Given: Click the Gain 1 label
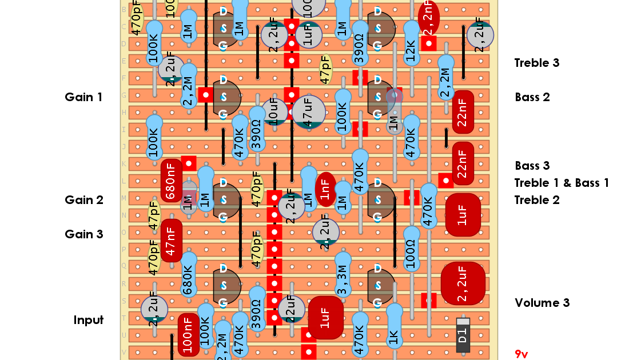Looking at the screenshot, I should tap(83, 97).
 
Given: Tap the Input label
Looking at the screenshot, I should tap(88, 320).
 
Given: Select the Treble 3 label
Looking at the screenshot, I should tap(536, 63).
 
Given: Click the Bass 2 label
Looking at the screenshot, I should tap(532, 97).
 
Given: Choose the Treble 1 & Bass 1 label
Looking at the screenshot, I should tap(561, 183).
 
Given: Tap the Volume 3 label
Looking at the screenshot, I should tap(542, 303).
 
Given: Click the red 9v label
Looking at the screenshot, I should tap(521, 354).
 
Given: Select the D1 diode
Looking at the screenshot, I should tap(463, 335).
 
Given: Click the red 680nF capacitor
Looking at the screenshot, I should tap(171, 181).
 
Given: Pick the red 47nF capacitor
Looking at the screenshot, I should tap(171, 241).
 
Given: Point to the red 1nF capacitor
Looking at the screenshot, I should tap(325, 189).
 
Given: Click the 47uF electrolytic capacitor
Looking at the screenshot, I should tap(308, 112).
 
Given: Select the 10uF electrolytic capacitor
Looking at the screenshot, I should tap(274, 112).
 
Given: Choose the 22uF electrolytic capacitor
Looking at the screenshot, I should tap(291, 309).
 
